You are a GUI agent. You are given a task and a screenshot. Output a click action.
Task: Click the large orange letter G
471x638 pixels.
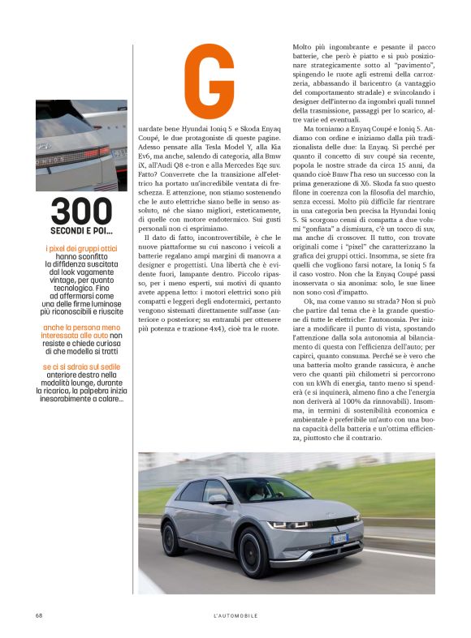209,82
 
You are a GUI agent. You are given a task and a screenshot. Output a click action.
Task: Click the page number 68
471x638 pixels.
38,615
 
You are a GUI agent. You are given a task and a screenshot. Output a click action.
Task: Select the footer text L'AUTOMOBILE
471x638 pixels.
235,615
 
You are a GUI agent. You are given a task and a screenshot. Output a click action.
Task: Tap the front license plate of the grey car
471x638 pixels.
339,538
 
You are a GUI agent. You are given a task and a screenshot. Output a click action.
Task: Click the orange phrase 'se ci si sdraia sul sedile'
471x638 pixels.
80,367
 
